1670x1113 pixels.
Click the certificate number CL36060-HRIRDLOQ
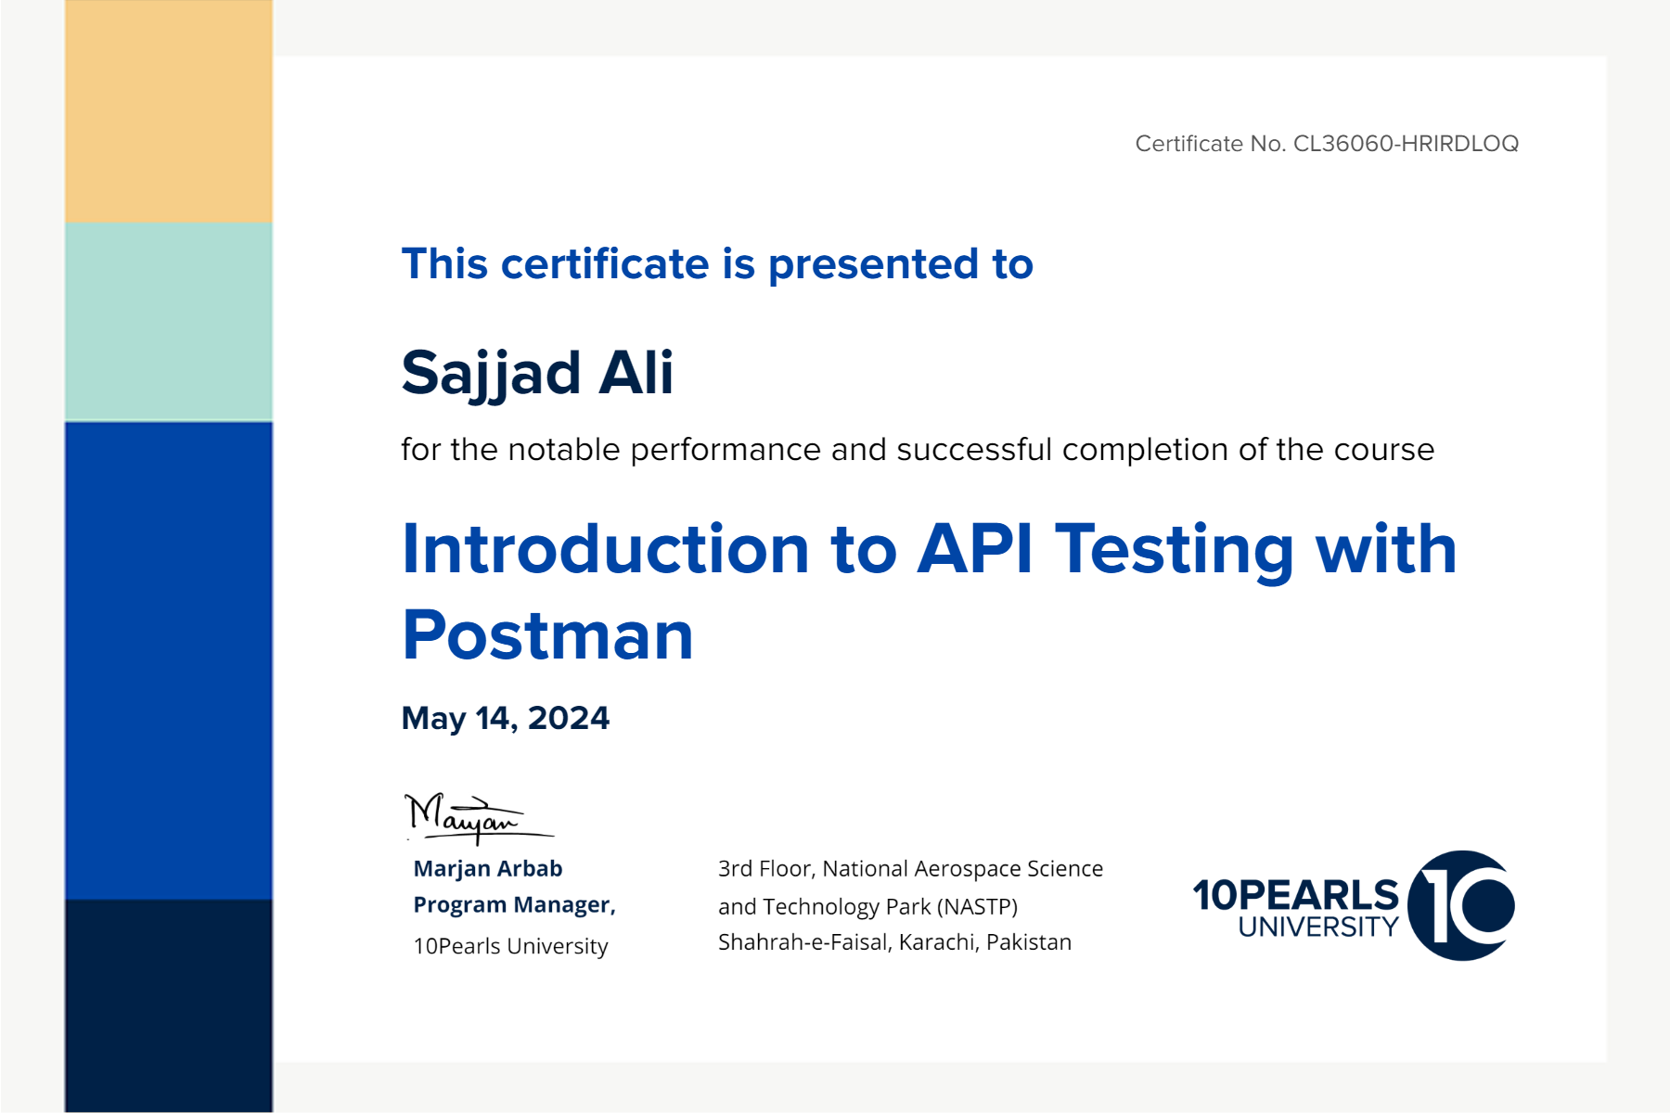(1406, 144)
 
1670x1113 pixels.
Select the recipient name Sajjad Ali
(537, 373)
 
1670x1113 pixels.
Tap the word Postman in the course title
(548, 635)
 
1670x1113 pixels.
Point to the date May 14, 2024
(506, 719)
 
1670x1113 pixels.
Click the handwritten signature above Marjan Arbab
(479, 818)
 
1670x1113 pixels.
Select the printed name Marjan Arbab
(488, 868)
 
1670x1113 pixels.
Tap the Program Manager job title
(515, 905)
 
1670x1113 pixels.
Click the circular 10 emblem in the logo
(1461, 905)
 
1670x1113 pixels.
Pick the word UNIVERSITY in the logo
(1318, 927)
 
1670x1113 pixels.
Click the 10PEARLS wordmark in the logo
(1295, 895)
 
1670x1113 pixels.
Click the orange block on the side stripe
(169, 111)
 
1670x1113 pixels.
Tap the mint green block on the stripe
(169, 322)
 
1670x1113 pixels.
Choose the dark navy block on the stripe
(169, 1005)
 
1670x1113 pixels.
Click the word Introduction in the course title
(606, 549)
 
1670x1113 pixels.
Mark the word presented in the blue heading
(873, 265)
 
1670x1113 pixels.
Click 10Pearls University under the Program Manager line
(510, 946)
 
